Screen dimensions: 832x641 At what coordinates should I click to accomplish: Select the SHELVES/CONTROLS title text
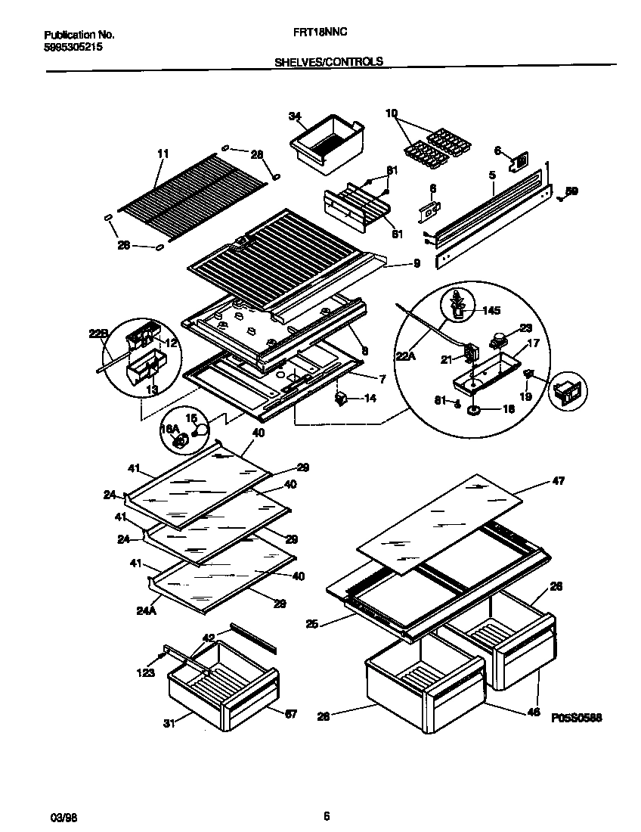coord(328,62)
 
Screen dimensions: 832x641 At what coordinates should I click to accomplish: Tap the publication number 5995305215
coord(74,47)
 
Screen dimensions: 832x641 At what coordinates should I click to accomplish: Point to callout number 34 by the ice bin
coord(295,116)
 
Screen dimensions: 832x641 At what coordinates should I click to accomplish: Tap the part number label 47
coord(558,480)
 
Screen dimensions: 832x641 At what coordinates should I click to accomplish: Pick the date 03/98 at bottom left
coord(60,817)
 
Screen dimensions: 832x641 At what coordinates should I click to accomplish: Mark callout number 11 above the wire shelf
coord(162,154)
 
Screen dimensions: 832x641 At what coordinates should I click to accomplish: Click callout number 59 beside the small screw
coord(572,191)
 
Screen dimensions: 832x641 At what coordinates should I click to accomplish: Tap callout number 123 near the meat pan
coord(146,672)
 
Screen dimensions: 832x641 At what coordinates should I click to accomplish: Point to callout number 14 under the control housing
coord(370,398)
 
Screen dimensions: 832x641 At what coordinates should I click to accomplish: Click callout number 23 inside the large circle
coord(527,328)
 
